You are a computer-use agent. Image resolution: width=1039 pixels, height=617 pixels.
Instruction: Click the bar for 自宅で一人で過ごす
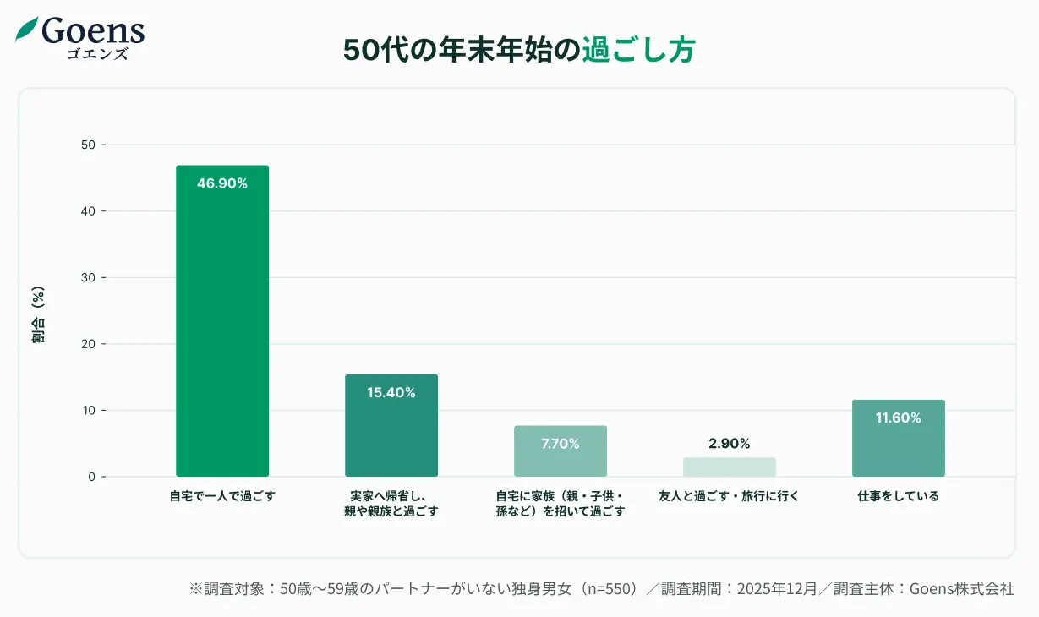[x=221, y=321]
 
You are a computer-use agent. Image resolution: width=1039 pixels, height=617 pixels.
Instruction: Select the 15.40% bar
[x=391, y=426]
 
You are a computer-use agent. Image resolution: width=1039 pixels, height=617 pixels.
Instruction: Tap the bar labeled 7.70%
[x=560, y=451]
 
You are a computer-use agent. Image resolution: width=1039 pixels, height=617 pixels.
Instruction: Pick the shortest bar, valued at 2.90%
[x=729, y=467]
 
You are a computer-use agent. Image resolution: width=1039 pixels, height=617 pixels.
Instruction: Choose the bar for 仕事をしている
[x=898, y=439]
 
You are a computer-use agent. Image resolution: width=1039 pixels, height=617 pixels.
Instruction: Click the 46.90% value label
[x=221, y=183]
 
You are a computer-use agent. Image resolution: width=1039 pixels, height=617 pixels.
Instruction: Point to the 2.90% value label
[x=729, y=444]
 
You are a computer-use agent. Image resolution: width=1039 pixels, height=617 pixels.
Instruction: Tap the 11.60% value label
[x=898, y=418]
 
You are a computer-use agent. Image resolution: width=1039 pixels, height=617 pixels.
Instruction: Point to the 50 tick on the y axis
[x=88, y=145]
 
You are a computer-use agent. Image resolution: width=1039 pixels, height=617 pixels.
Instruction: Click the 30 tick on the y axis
[x=88, y=277]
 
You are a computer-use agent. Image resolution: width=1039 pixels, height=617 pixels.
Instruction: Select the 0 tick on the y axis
[x=91, y=477]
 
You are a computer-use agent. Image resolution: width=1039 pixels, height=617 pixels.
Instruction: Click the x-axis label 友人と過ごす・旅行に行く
[x=729, y=496]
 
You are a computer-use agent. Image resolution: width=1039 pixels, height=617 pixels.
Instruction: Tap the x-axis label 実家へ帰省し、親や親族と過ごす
[x=391, y=504]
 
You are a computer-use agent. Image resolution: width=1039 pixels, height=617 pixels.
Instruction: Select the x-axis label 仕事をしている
[x=898, y=496]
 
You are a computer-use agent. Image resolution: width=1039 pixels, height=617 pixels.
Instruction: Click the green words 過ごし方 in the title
[x=638, y=51]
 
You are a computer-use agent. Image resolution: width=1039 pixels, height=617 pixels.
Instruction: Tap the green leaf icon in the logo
[x=27, y=30]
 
